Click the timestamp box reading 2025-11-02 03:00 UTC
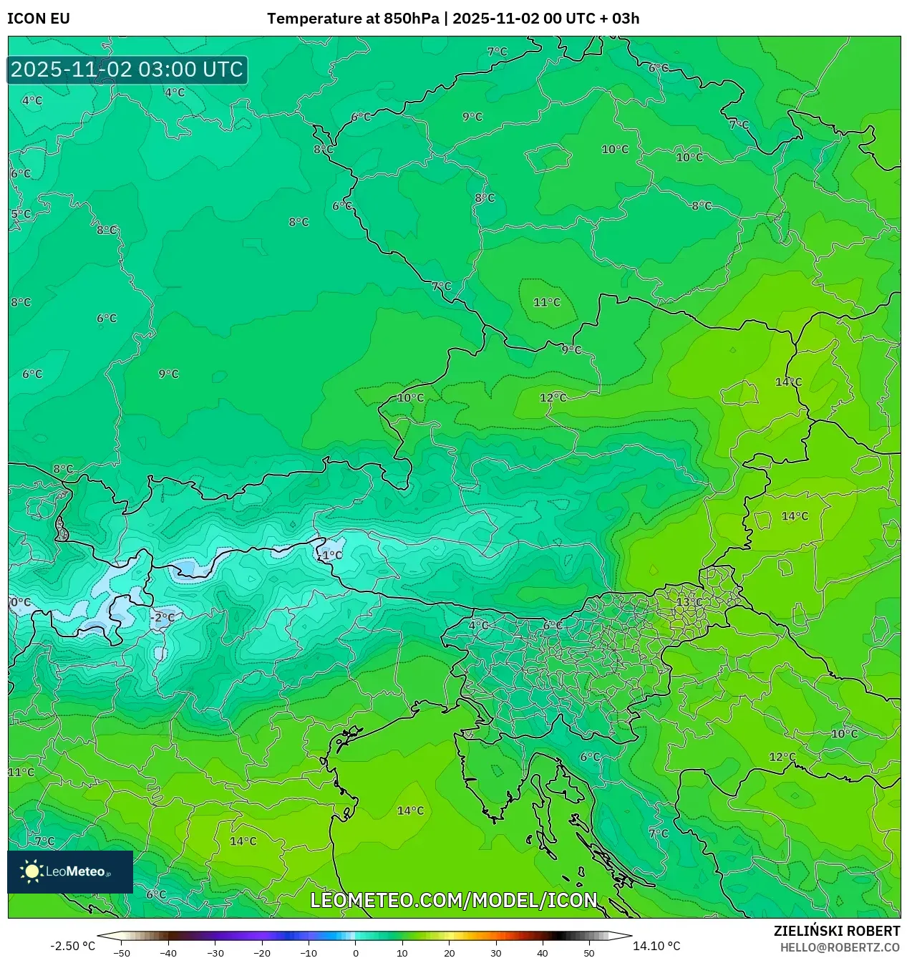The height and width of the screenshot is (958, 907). pyautogui.click(x=127, y=69)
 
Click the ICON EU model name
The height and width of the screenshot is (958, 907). pyautogui.click(x=39, y=19)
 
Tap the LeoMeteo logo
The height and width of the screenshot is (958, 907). pyautogui.click(x=69, y=871)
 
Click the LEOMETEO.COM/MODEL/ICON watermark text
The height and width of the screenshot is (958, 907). pyautogui.click(x=453, y=900)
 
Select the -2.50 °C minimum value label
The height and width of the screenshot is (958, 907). pyautogui.click(x=72, y=946)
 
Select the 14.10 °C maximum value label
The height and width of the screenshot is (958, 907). pyautogui.click(x=656, y=946)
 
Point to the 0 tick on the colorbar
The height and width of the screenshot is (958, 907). pyautogui.click(x=356, y=952)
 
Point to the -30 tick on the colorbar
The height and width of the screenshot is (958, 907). pyautogui.click(x=215, y=952)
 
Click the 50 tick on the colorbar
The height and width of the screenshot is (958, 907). pyautogui.click(x=589, y=952)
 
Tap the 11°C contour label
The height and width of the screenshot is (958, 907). pyautogui.click(x=546, y=302)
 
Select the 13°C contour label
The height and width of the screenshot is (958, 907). pyautogui.click(x=689, y=602)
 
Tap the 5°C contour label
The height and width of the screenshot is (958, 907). pyautogui.click(x=21, y=214)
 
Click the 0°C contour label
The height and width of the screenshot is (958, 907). pyautogui.click(x=20, y=602)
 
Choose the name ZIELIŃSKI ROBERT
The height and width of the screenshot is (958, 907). pyautogui.click(x=836, y=931)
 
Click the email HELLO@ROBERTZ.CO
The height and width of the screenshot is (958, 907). pyautogui.click(x=839, y=947)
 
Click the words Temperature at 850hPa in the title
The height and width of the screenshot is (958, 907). pyautogui.click(x=353, y=19)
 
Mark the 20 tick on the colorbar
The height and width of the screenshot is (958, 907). pyautogui.click(x=449, y=952)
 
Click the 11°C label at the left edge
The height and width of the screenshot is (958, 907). pyautogui.click(x=21, y=772)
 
